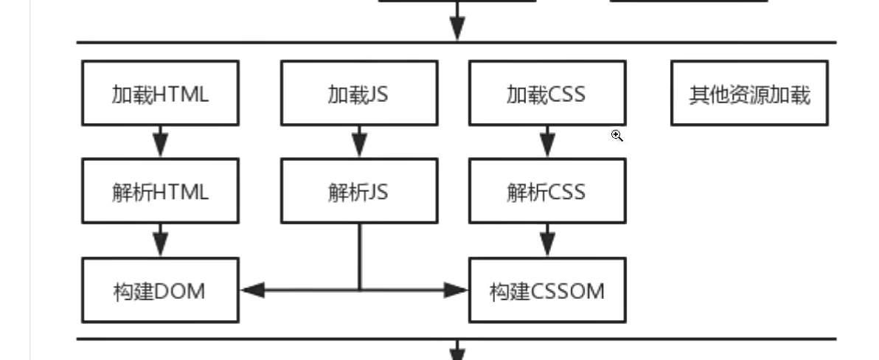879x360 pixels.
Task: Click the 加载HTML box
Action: [160, 93]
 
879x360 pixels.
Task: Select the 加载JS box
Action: [359, 93]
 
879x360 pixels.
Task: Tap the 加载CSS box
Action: [547, 93]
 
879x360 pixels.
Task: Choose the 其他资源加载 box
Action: [749, 93]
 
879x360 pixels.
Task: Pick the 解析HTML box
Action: [160, 191]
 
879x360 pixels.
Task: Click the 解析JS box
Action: [359, 191]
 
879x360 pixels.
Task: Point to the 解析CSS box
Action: [547, 191]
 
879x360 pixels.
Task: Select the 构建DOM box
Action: [160, 290]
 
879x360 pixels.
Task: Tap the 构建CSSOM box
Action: [547, 290]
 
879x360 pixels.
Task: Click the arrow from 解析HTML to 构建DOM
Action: [160, 240]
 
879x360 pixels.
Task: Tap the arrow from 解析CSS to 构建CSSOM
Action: [547, 240]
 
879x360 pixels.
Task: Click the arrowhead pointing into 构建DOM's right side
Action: [253, 290]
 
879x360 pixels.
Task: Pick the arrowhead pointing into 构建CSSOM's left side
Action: [457, 290]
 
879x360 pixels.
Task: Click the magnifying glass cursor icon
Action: [617, 136]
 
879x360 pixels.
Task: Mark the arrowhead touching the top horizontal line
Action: [457, 28]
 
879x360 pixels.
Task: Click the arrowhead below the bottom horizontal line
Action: [457, 351]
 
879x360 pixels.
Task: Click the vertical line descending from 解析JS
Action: [360, 255]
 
